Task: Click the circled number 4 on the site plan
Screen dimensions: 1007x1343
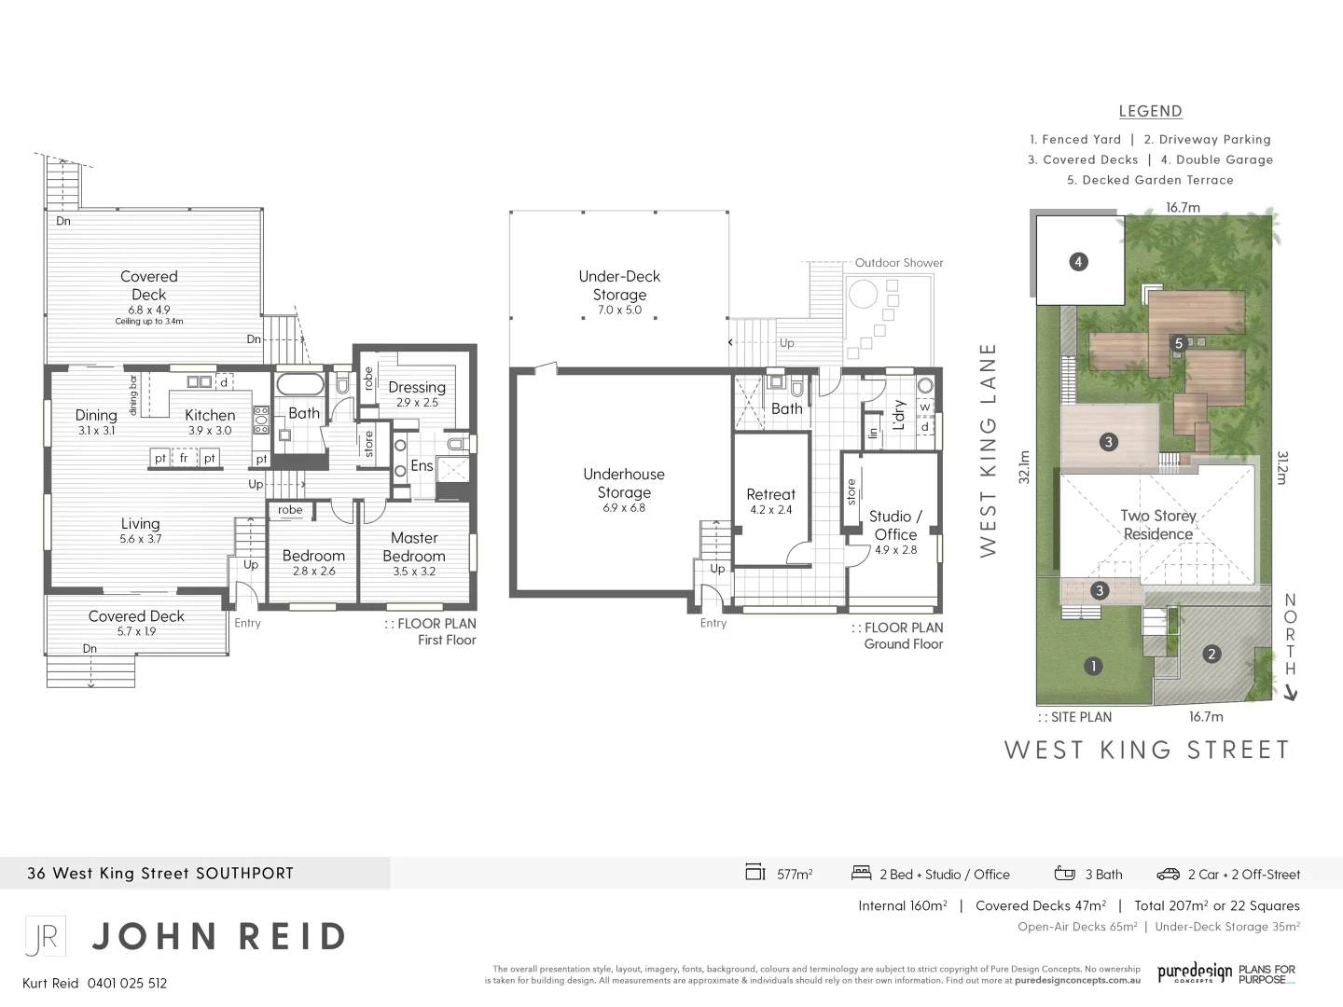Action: pyautogui.click(x=1078, y=262)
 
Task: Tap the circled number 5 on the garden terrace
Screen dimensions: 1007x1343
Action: pyautogui.click(x=1179, y=343)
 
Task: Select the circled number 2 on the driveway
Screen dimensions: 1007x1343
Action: pyautogui.click(x=1211, y=654)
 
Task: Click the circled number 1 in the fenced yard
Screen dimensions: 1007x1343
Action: pyautogui.click(x=1093, y=666)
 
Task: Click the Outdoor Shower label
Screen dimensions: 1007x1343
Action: pyautogui.click(x=899, y=263)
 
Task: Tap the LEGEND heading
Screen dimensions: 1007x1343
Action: pyautogui.click(x=1150, y=111)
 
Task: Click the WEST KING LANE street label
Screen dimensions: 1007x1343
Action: pyautogui.click(x=989, y=450)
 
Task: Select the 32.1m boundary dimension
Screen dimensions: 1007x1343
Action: pyautogui.click(x=1024, y=468)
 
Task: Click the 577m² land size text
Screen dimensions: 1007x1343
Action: pyautogui.click(x=795, y=875)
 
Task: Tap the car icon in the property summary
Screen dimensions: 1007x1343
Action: pyautogui.click(x=1168, y=874)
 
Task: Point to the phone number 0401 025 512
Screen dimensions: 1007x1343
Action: pyautogui.click(x=127, y=983)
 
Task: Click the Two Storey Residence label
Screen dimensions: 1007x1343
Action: pyautogui.click(x=1157, y=525)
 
